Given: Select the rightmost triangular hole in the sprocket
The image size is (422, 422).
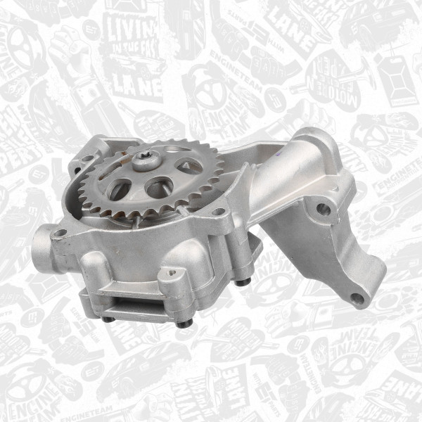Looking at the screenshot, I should pyautogui.click(x=191, y=166).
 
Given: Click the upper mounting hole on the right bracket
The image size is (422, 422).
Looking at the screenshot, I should pyautogui.click(x=323, y=208).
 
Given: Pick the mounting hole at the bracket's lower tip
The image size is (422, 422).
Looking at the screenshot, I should pyautogui.click(x=357, y=298).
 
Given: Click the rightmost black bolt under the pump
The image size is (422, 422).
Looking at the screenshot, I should pyautogui.click(x=244, y=282).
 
